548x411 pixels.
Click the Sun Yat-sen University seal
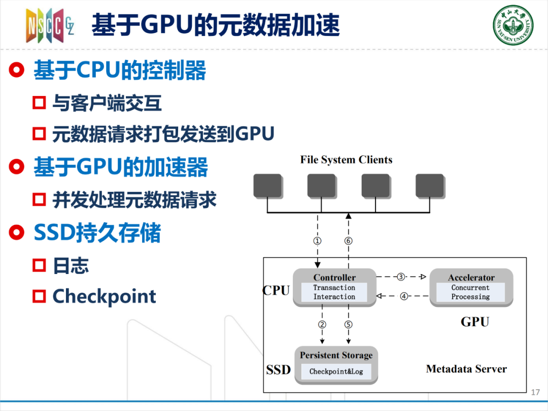point(513,25)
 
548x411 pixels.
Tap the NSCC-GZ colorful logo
point(50,25)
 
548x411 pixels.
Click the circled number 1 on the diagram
point(317,241)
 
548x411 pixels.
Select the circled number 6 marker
point(348,241)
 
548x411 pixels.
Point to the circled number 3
point(401,277)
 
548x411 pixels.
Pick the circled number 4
point(404,296)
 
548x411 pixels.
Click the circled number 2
point(322,324)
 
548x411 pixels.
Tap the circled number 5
point(348,324)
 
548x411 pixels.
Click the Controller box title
point(334,278)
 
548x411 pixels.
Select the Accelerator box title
point(471,278)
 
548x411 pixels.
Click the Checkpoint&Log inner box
point(336,371)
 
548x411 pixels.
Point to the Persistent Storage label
point(336,355)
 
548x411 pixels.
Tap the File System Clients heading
point(347,160)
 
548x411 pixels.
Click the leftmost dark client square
point(268,186)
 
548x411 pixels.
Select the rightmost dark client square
point(430,186)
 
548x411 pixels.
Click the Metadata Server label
point(467,369)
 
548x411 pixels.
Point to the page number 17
point(535,392)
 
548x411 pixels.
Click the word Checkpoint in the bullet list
point(104,297)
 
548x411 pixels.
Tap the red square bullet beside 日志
point(39,265)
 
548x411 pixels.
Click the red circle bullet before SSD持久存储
point(17,232)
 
